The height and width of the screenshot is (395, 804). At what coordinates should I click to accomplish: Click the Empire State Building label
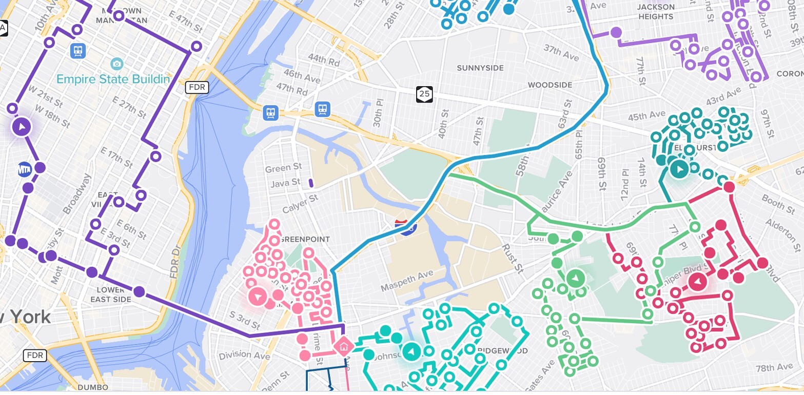pos(113,80)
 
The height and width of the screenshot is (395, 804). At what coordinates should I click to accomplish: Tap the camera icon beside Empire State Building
pos(117,64)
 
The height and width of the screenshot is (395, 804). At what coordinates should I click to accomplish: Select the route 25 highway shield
pos(424,94)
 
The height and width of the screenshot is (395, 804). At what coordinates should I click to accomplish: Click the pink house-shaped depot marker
pos(343,346)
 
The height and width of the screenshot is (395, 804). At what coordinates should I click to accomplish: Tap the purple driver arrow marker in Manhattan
pos(21,126)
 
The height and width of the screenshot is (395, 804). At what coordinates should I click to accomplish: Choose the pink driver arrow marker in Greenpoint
pos(258,297)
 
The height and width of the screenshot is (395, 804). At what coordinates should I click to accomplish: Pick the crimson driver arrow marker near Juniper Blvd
pos(697,282)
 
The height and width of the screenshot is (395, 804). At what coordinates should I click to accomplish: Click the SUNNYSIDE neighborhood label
pos(480,68)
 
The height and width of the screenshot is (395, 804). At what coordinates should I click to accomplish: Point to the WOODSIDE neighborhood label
pos(550,85)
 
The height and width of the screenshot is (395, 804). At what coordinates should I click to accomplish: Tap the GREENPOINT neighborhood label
pos(305,240)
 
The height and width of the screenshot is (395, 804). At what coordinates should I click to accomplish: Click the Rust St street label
pos(513,257)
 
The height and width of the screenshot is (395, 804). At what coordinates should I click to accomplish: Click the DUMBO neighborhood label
pos(93,387)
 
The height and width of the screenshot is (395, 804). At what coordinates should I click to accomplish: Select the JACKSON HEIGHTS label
pos(655,12)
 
